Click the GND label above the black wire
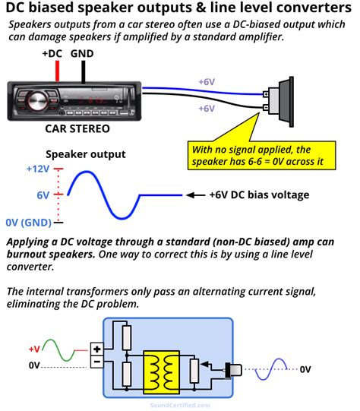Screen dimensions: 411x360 coord(83,54)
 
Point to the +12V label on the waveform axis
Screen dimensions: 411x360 coord(37,168)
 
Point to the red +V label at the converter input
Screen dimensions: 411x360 coord(34,349)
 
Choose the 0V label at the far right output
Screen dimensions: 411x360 coord(305,369)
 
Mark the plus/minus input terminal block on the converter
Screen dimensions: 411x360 coord(97,357)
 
